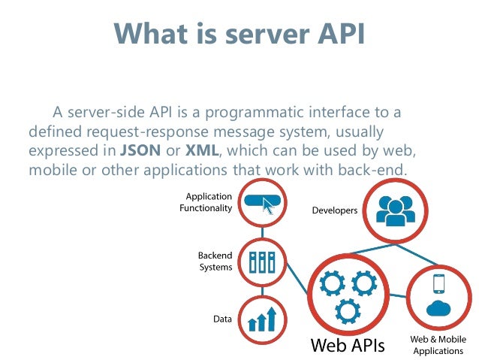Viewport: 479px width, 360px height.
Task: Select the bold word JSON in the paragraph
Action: (140, 150)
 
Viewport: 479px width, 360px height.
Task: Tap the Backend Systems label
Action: (215, 262)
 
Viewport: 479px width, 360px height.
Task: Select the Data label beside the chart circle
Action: (222, 319)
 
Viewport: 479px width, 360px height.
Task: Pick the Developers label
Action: (334, 210)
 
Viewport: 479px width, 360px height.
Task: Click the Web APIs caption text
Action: (348, 346)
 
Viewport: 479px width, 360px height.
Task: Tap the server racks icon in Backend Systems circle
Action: (263, 262)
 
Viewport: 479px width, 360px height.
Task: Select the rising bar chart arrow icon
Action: (263, 319)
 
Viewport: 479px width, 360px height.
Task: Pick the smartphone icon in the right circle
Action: (439, 283)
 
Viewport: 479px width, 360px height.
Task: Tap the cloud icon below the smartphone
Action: (438, 307)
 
